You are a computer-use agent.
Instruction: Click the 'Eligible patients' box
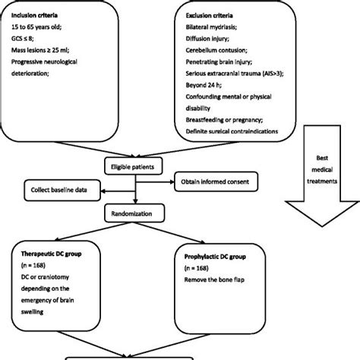[x=133, y=165]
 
